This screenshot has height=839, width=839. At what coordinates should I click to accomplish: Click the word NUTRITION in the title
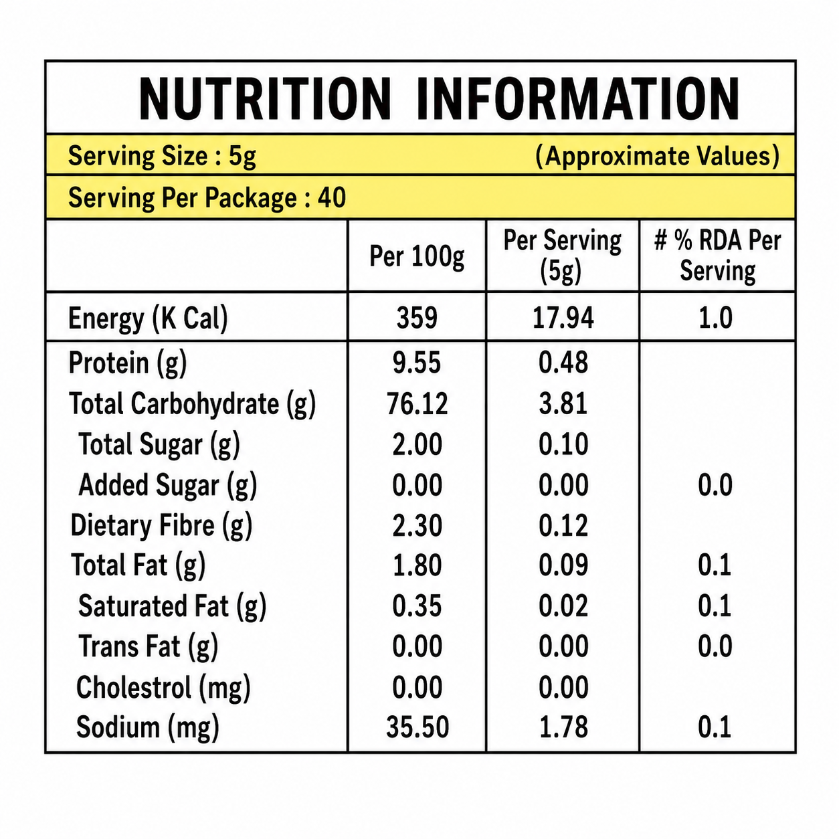point(265,99)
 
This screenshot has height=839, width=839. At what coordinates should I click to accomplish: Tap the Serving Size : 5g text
point(162,156)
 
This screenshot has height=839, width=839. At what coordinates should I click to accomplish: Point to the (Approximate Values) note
point(657,155)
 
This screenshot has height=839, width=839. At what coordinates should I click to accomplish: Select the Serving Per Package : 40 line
point(207,197)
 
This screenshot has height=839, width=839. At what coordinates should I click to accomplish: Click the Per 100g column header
point(417,256)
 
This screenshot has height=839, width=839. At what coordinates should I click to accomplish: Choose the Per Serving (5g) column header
point(562,256)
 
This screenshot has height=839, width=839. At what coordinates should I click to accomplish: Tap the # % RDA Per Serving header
point(717,256)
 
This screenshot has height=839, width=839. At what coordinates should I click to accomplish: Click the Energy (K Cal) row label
point(148,318)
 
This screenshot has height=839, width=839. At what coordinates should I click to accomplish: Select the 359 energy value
point(417,318)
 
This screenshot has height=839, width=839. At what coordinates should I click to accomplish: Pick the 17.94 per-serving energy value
point(563,318)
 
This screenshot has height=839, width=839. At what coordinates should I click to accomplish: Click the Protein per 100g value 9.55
point(417,363)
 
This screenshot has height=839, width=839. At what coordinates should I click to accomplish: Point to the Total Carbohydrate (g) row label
point(192,403)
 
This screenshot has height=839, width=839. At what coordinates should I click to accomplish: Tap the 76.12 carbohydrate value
point(417,403)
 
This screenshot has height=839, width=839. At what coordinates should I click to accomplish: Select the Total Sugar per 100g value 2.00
point(417,444)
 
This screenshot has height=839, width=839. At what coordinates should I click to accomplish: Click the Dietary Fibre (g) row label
point(161,525)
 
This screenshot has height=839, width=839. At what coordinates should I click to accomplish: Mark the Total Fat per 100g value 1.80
point(417,565)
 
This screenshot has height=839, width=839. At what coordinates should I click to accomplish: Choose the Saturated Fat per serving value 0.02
point(563,606)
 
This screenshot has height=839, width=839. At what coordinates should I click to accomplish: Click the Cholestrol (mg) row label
point(163,688)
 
